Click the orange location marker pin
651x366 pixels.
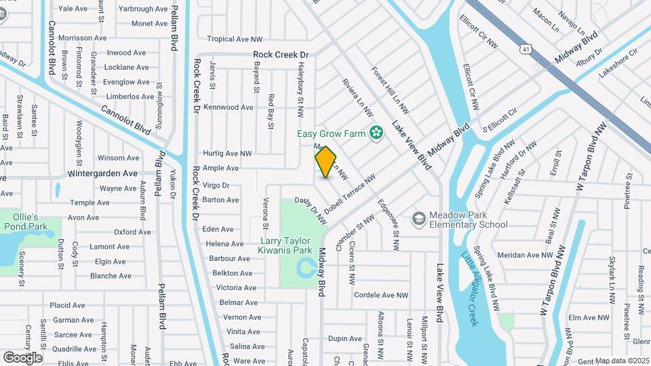pyautogui.click(x=326, y=162)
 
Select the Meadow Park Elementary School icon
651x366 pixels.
pyautogui.click(x=419, y=218)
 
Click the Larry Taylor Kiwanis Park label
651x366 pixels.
pyautogui.click(x=285, y=245)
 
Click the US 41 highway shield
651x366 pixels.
pyautogui.click(x=526, y=49)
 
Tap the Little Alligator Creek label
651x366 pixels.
pyautogui.click(x=469, y=289)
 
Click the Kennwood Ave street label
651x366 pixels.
pyautogui.click(x=228, y=107)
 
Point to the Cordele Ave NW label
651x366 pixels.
pyautogui.click(x=381, y=296)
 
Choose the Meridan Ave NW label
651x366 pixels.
pyautogui.click(x=525, y=255)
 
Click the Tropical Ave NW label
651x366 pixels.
pyautogui.click(x=234, y=39)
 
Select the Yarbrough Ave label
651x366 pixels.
pyautogui.click(x=142, y=9)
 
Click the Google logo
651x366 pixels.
pyautogui.click(x=22, y=357)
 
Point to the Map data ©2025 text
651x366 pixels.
pyautogui.click(x=622, y=361)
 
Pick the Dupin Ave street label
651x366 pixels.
pyautogui.click(x=344, y=338)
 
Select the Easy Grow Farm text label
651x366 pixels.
pyautogui.click(x=332, y=134)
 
